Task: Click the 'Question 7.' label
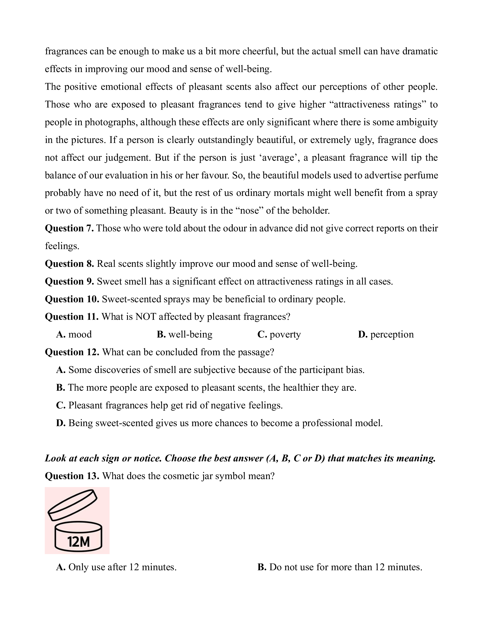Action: pyautogui.click(x=69, y=228)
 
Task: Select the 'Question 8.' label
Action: pyautogui.click(x=69, y=264)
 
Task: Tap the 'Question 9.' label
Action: pyautogui.click(x=69, y=281)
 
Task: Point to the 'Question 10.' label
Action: pyautogui.click(x=72, y=299)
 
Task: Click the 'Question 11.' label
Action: pyautogui.click(x=72, y=317)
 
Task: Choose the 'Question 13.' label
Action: pyautogui.click(x=72, y=476)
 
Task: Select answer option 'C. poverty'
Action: pyautogui.click(x=279, y=334)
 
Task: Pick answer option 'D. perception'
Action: pyautogui.click(x=386, y=334)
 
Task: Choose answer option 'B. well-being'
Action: pyautogui.click(x=185, y=334)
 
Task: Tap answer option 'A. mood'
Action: pyautogui.click(x=74, y=334)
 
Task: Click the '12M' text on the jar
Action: pyautogui.click(x=78, y=542)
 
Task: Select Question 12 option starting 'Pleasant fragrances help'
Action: pyautogui.click(x=169, y=405)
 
